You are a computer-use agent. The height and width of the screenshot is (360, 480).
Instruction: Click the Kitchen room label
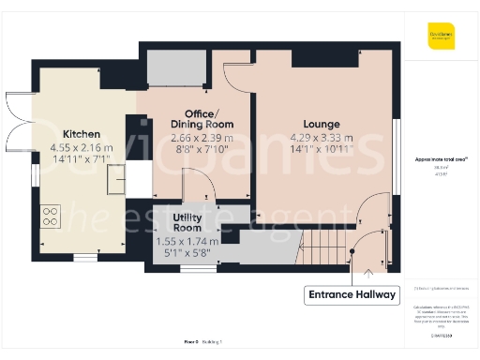82,134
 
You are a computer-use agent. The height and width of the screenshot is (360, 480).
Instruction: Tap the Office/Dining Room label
202,118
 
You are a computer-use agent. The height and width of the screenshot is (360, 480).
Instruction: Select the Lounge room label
322,124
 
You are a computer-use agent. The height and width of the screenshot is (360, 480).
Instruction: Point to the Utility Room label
187,222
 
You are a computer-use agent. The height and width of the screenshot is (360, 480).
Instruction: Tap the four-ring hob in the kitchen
52,217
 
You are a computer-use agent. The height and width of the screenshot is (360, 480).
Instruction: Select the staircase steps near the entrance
322,250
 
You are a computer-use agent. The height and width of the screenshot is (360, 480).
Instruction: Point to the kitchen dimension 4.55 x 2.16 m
82,147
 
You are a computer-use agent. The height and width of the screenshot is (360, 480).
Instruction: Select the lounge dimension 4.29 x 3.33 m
322,136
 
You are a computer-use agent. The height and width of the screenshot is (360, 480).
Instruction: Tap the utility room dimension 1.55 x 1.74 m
187,240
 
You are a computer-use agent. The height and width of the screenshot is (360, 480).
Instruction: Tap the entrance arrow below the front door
367,274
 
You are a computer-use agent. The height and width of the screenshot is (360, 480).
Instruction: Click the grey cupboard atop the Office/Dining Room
176,67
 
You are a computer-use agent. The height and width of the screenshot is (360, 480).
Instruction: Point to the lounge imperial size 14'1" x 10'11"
322,148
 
